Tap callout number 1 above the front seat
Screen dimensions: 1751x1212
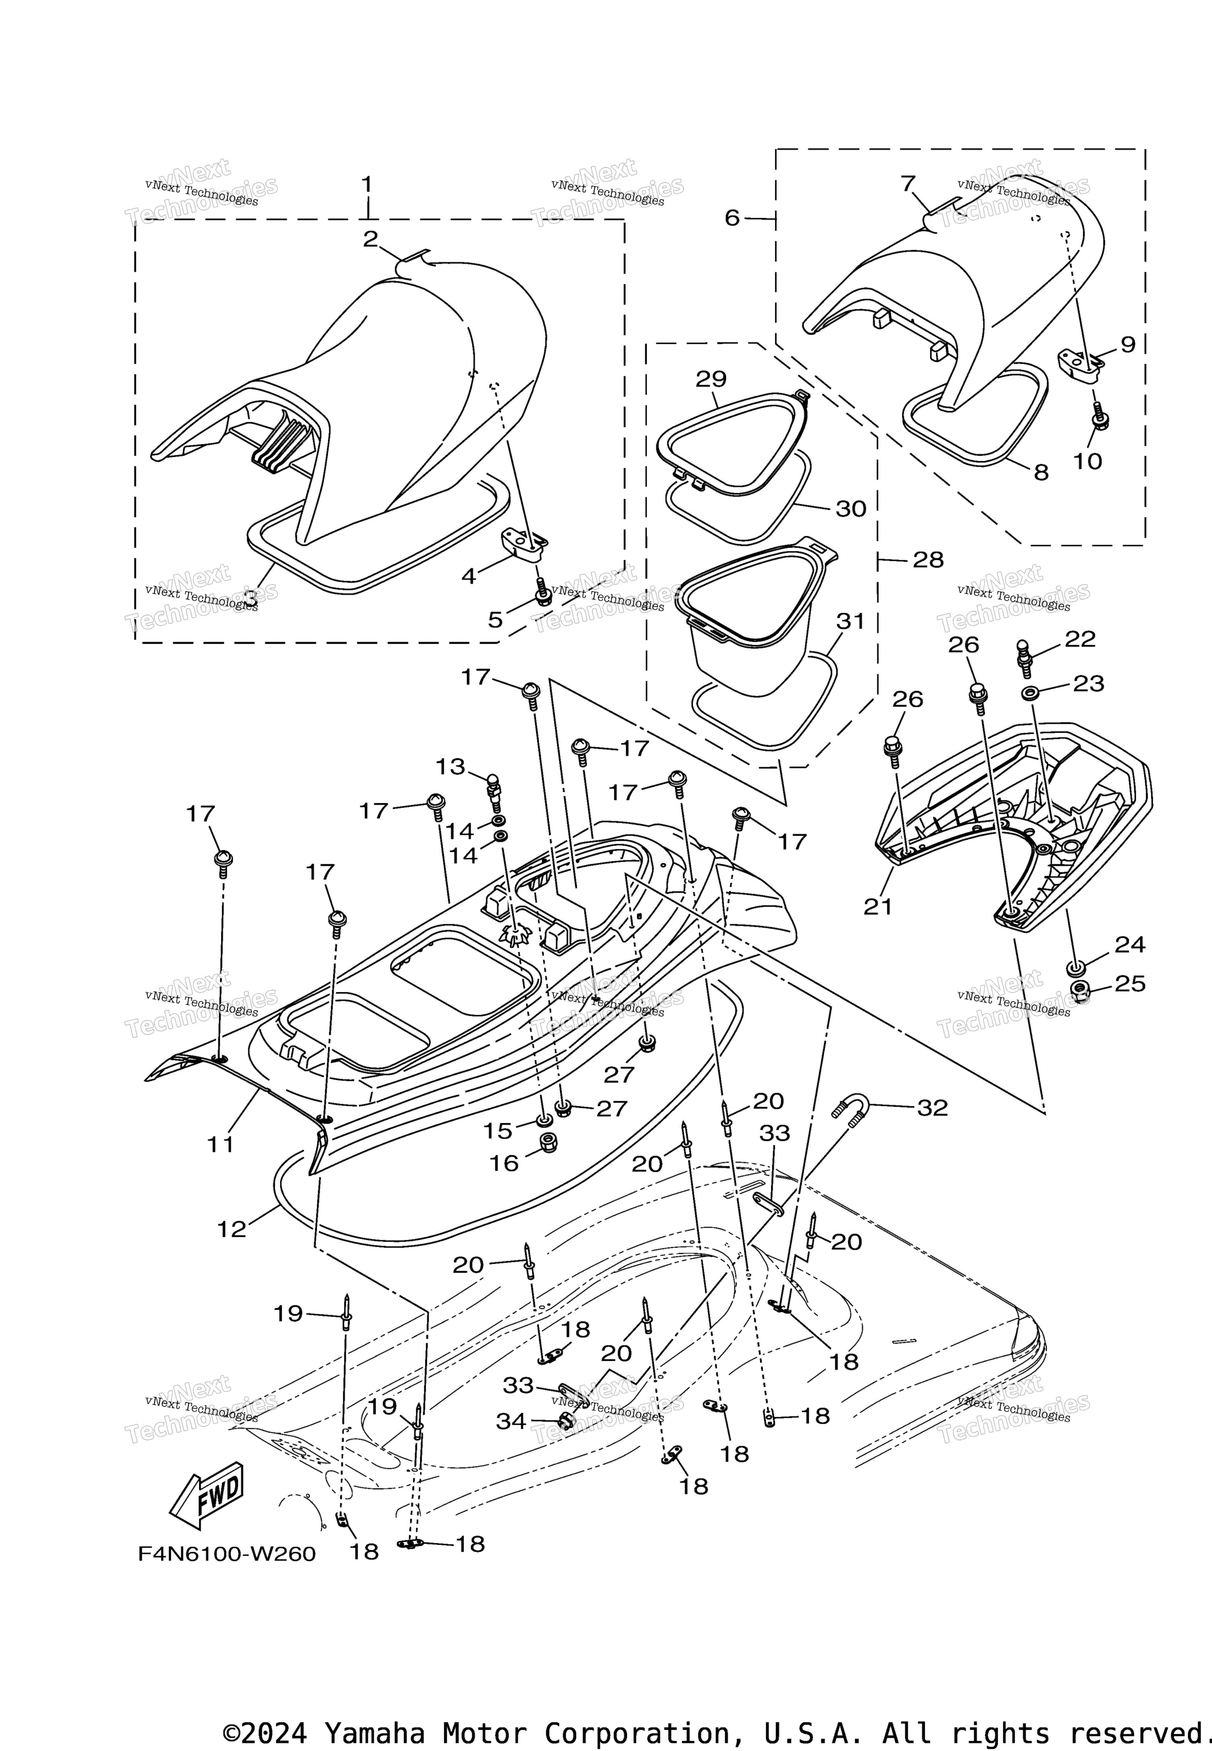point(367,185)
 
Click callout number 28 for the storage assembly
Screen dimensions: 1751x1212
point(928,559)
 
